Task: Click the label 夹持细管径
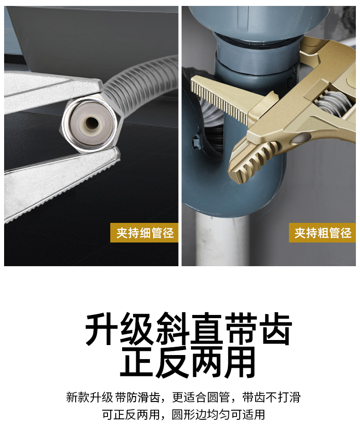(x=144, y=233)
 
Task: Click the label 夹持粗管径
(x=323, y=233)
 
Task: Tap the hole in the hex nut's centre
(x=90, y=123)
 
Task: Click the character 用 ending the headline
(x=240, y=362)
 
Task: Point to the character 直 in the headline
(x=206, y=328)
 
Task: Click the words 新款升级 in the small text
(x=89, y=397)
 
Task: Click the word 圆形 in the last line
(x=183, y=414)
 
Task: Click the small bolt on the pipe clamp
(x=196, y=141)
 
